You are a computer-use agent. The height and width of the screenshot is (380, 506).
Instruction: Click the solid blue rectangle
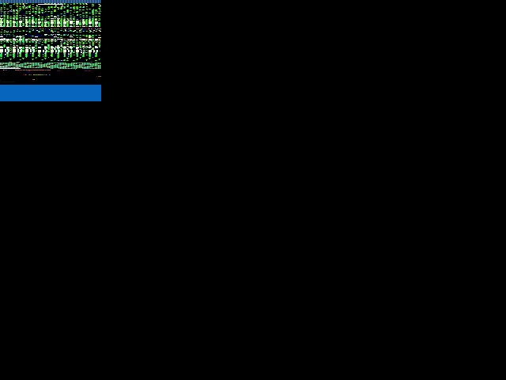pos(51,93)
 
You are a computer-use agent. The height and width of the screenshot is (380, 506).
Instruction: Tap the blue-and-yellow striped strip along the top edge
pos(51,2)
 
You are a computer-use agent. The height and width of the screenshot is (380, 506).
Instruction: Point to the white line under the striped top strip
pos(51,4)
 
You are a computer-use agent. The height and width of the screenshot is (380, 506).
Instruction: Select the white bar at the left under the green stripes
pos(9,68)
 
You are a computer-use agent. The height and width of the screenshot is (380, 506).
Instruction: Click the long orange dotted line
pos(33,70)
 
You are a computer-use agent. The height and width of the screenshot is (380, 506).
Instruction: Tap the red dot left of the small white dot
pos(24,74)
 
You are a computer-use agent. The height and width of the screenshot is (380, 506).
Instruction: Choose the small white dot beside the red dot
pos(26,74)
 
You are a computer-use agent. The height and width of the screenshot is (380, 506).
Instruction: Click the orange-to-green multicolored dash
pos(39,74)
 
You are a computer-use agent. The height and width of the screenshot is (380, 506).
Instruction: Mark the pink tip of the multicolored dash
pos(46,74)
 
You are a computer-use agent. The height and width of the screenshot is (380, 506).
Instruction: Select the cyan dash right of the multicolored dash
pos(50,74)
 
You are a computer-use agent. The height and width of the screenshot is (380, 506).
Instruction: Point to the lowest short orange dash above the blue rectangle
pos(33,79)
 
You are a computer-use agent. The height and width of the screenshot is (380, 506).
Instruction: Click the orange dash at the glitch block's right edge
pos(100,76)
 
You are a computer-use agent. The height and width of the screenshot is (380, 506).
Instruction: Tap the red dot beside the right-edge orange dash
pos(96,76)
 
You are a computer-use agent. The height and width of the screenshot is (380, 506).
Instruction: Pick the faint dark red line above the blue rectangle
pos(7,82)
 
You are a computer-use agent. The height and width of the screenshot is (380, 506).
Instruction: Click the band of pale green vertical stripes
pos(51,65)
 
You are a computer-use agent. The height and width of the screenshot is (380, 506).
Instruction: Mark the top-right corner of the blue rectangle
pos(100,85)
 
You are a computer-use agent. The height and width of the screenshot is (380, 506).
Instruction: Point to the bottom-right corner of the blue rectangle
pos(100,101)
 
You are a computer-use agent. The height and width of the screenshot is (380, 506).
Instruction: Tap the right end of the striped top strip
pos(100,2)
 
